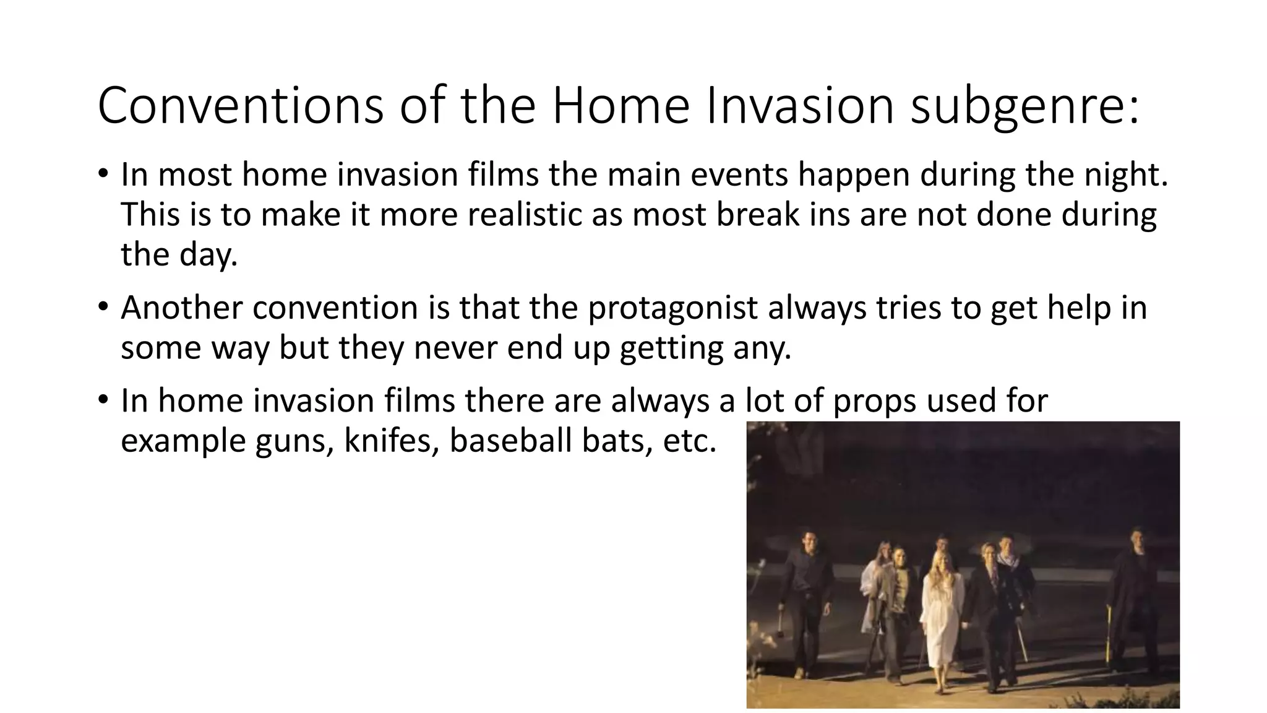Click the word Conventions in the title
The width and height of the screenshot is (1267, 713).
[x=240, y=106]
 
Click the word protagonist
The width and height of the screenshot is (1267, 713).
[x=672, y=308]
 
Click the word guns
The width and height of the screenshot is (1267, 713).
[x=291, y=441]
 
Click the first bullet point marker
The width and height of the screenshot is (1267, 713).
[x=103, y=173]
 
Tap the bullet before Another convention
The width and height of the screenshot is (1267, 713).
[x=103, y=306]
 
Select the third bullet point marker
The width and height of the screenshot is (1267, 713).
[x=103, y=399]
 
